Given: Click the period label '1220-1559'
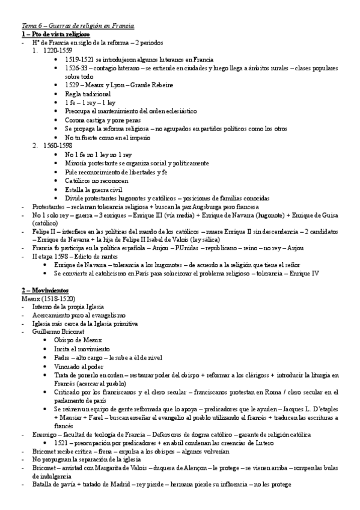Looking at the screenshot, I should [58, 52].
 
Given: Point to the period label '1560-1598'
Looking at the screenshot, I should [58, 146].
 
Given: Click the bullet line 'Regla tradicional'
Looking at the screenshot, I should [91, 94].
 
